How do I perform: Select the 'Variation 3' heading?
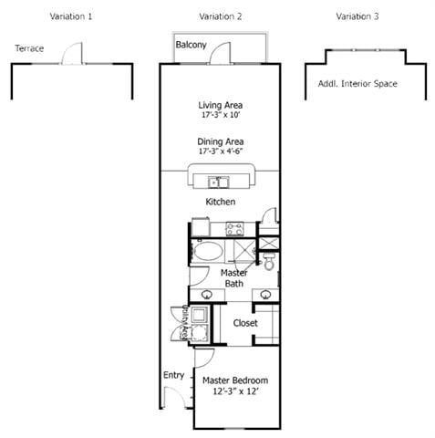(x=358, y=16)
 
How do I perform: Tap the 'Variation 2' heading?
(x=220, y=16)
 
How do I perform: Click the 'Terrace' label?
(x=29, y=48)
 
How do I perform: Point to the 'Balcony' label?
(x=191, y=45)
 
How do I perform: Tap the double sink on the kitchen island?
(x=220, y=180)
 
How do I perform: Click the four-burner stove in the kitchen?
(x=234, y=229)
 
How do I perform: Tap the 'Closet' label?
(x=245, y=323)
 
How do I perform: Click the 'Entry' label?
(x=173, y=375)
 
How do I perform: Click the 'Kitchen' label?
(x=220, y=201)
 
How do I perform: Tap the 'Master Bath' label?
(x=234, y=278)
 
